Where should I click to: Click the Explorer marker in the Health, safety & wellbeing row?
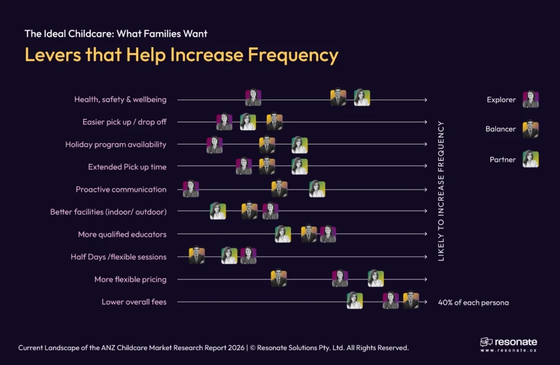click(253, 98)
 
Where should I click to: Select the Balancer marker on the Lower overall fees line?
click(411, 300)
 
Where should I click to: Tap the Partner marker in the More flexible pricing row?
click(376, 279)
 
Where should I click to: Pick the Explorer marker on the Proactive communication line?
click(191, 189)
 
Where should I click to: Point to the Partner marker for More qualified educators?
click(283, 234)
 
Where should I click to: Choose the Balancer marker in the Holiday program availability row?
click(267, 145)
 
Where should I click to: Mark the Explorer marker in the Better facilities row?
click(270, 211)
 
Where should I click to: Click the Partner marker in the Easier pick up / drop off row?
click(248, 122)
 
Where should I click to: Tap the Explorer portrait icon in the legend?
click(530, 100)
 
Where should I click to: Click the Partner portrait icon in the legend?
click(530, 159)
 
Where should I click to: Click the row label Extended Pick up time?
click(127, 167)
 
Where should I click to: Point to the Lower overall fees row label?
click(134, 302)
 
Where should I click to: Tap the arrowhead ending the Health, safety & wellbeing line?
click(425, 100)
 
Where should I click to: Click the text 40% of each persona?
click(473, 302)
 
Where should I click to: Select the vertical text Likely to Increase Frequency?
click(441, 190)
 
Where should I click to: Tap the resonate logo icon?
click(486, 342)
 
